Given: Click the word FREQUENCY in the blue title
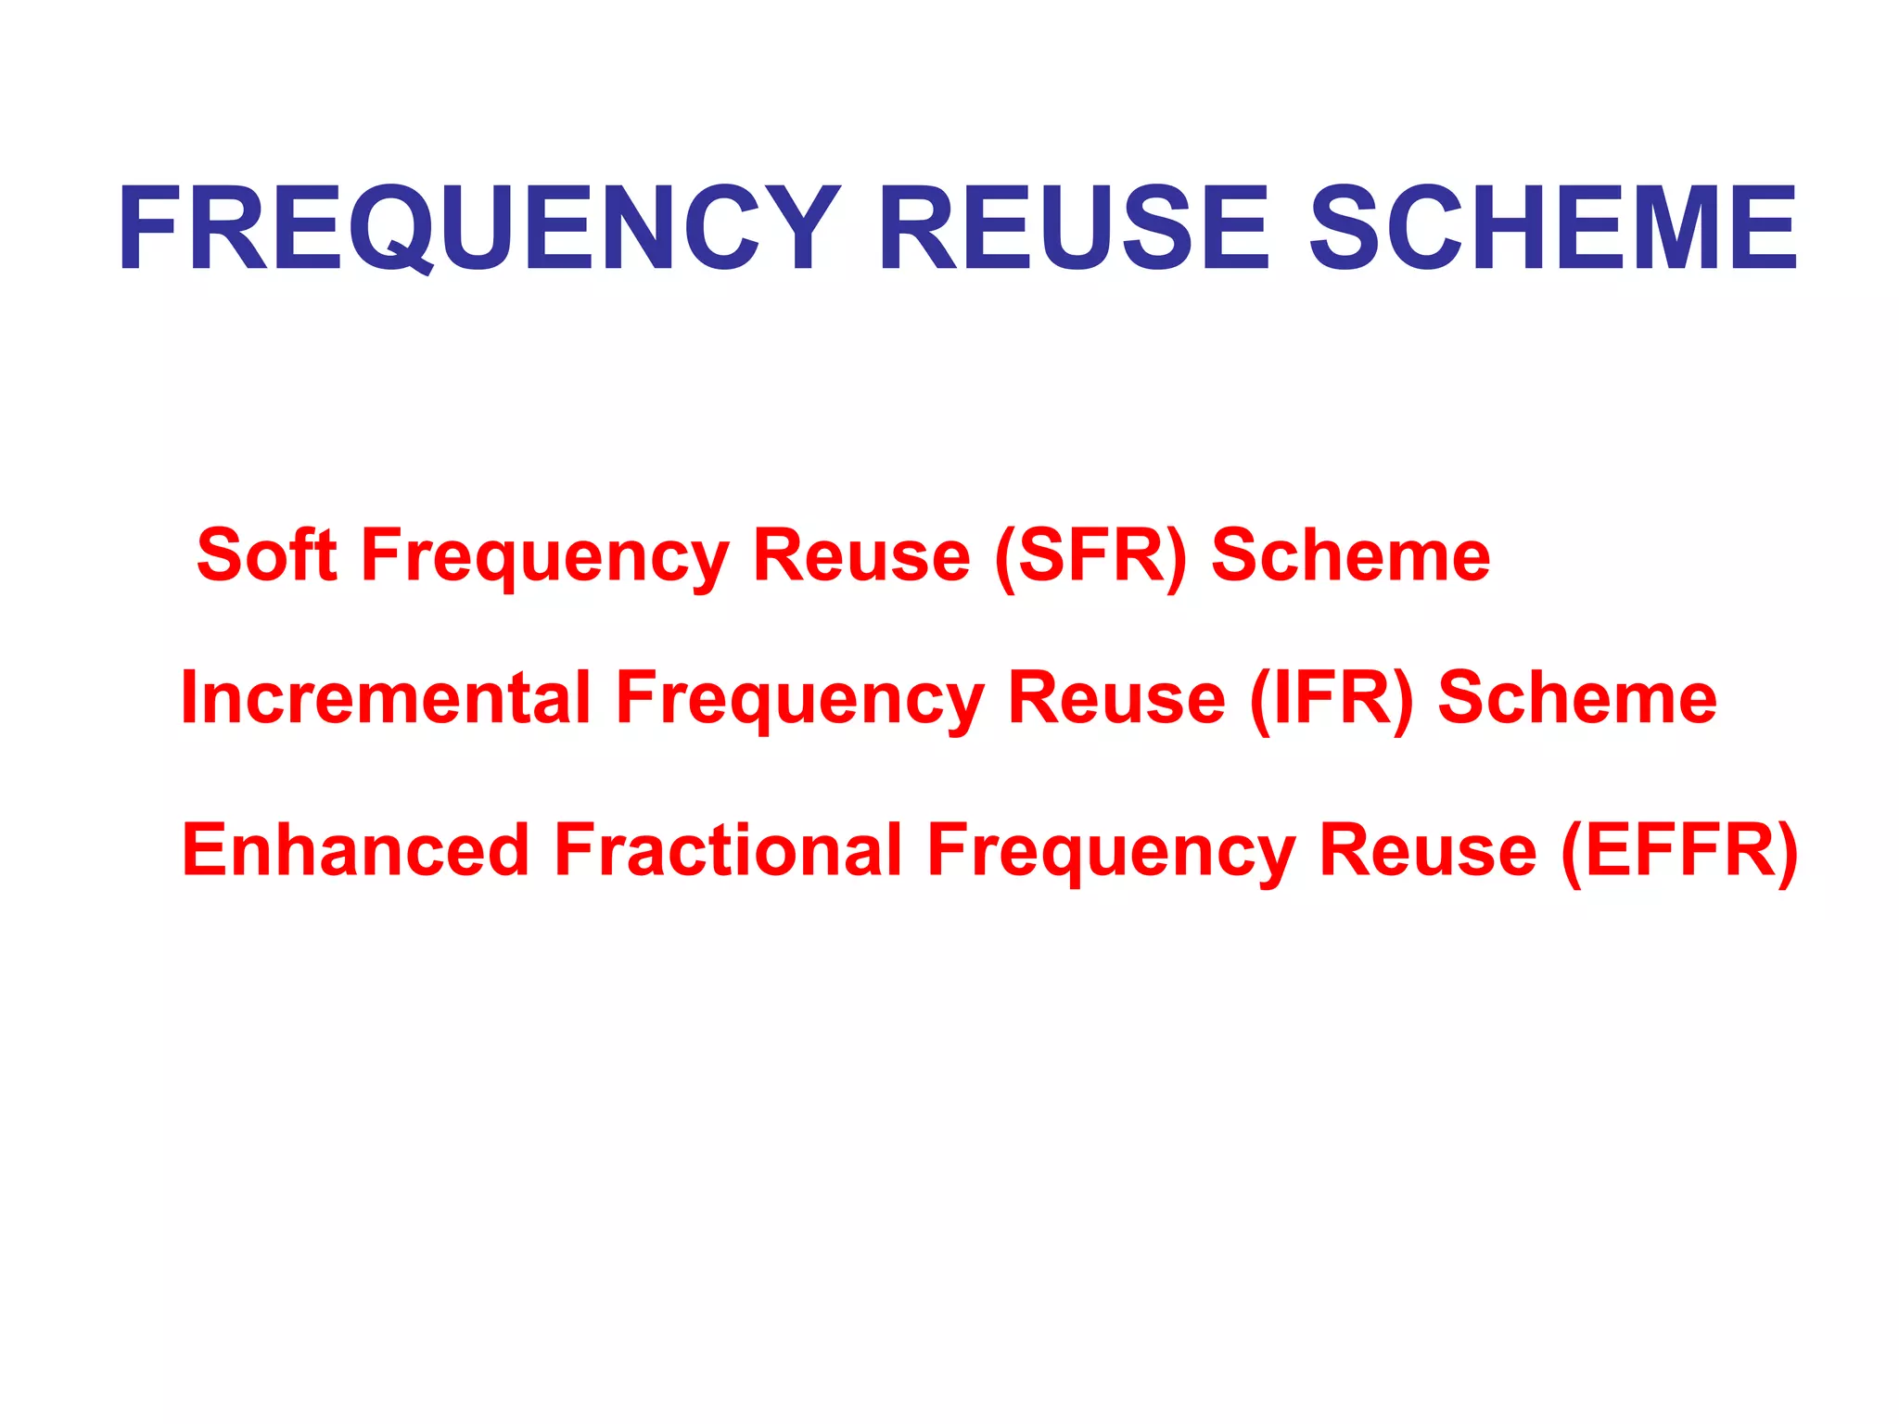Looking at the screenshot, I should tap(478, 228).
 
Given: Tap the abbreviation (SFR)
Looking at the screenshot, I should tap(1090, 556).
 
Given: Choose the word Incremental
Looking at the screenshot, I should tap(386, 697).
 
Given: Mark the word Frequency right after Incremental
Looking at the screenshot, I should tap(800, 701).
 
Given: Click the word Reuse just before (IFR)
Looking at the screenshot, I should tap(1116, 697).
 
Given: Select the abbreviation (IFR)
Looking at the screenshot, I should tap(1332, 699).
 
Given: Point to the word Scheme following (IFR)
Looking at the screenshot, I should tap(1577, 697).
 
